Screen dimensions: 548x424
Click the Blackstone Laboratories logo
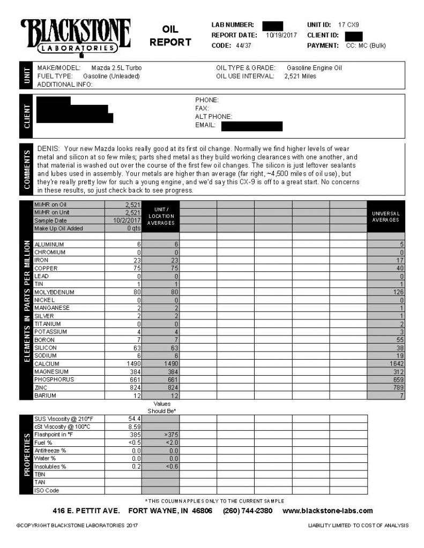tap(76, 37)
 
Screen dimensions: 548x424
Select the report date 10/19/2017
tap(280, 35)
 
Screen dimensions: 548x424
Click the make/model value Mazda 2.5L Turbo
tap(116, 68)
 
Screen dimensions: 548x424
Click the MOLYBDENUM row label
tap(54, 292)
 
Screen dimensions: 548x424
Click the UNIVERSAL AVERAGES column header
tap(386, 217)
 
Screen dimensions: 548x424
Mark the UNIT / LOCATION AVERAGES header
tap(161, 216)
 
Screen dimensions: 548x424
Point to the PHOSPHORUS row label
tap(54, 380)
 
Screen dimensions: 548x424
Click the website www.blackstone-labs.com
tap(328, 511)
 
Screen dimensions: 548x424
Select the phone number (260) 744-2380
tap(247, 511)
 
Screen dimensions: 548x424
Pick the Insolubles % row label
tap(50, 467)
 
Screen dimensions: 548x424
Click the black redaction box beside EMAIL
tap(251, 126)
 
